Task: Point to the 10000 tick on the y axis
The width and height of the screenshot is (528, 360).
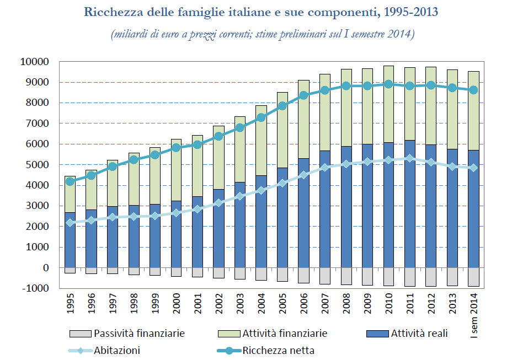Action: tap(35, 62)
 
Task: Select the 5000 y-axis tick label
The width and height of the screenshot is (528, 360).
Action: tap(38, 165)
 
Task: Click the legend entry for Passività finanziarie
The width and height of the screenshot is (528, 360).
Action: tap(138, 334)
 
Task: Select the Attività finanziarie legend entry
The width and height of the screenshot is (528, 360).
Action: tap(284, 334)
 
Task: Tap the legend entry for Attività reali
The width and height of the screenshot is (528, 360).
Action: tap(419, 334)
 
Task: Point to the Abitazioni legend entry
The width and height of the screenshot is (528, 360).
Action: tap(116, 350)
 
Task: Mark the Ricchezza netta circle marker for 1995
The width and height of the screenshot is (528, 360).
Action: tap(70, 181)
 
